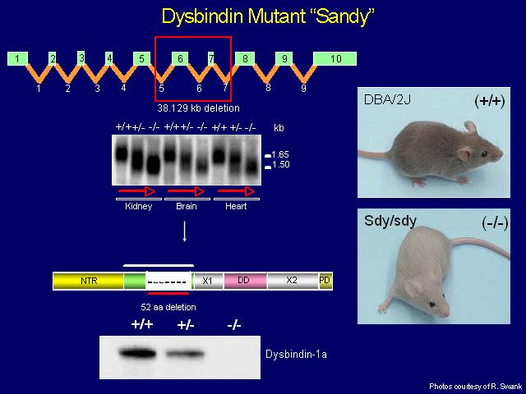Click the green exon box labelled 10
(x=335, y=58)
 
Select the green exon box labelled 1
(x=17, y=58)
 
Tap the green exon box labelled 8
(x=245, y=58)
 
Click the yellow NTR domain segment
(x=89, y=281)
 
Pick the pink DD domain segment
(x=245, y=281)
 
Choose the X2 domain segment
(x=293, y=281)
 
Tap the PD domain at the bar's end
(x=325, y=281)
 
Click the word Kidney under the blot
(x=139, y=206)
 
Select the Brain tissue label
(x=187, y=206)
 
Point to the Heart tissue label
(x=236, y=206)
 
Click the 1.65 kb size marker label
(x=280, y=154)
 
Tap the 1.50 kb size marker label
(x=280, y=164)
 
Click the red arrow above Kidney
(x=136, y=191)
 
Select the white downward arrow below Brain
(x=184, y=231)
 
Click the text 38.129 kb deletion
(x=199, y=108)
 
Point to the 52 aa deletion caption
(x=168, y=307)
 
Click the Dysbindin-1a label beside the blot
(x=296, y=355)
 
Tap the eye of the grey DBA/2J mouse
(x=484, y=153)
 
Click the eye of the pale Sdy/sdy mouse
(x=432, y=305)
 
